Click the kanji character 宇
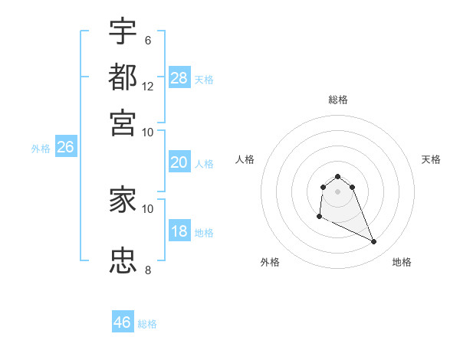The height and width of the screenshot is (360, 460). point(123,33)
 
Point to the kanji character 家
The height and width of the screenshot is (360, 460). point(123,201)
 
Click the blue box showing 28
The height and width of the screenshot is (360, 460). point(179,77)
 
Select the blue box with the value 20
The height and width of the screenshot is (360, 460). point(179,162)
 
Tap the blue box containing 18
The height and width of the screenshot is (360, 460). point(179,231)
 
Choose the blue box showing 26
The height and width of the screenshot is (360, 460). point(65,148)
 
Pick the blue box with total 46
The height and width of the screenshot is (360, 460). point(123,322)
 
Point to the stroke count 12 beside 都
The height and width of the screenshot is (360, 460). point(148,87)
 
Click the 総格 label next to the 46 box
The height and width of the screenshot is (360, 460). point(147,324)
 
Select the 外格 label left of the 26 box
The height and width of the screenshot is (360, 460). point(41,149)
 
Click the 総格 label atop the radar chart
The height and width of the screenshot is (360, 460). point(337,100)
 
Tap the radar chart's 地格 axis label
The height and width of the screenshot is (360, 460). point(402,262)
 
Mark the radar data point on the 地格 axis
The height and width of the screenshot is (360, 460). point(374,242)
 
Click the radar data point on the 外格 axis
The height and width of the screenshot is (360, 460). point(319,217)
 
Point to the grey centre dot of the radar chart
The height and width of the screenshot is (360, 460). point(337,191)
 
